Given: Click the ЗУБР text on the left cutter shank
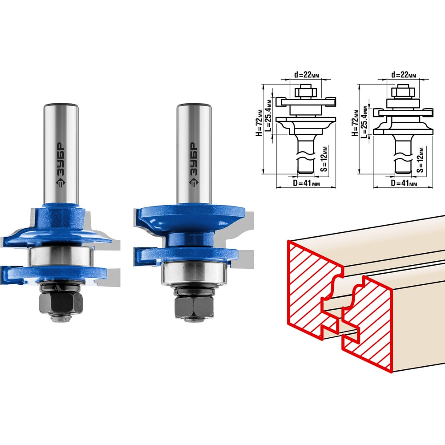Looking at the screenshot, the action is tap(61, 159).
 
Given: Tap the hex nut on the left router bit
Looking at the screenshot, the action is tap(61, 303).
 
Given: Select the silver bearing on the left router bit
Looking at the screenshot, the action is tap(61, 256).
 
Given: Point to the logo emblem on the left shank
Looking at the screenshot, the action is tap(61, 183).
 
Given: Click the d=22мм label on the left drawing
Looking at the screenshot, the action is tap(307, 75).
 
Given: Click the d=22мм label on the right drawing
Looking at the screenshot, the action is tap(404, 75).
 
